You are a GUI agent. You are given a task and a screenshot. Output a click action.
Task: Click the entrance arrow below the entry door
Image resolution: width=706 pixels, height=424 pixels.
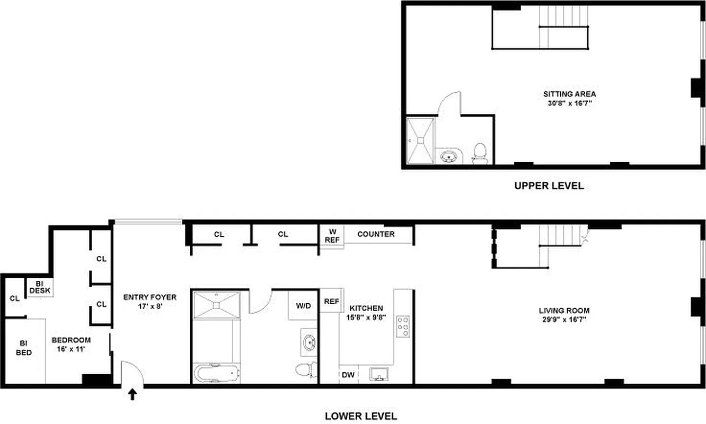[x=133, y=394]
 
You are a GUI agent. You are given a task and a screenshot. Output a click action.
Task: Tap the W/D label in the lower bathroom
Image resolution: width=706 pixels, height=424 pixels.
[x=304, y=305]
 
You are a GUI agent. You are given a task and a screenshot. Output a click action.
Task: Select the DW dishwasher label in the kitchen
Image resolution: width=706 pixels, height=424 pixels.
[x=348, y=375]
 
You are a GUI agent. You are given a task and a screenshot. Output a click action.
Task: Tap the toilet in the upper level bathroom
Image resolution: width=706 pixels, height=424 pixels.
[x=480, y=153]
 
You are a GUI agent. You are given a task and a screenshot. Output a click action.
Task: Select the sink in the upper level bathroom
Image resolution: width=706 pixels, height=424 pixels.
[x=449, y=156]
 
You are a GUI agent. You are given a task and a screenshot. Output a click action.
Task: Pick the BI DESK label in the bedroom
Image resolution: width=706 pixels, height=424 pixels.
[x=39, y=287]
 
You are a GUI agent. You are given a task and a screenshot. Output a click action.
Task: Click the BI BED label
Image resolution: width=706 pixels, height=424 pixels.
[x=23, y=348]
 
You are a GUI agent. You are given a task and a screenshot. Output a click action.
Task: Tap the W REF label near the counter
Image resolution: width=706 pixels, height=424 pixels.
[x=332, y=235]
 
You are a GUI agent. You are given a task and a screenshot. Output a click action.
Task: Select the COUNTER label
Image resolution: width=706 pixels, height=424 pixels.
[x=376, y=234]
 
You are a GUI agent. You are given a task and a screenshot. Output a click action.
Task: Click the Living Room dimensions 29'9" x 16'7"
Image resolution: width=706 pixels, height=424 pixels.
[x=564, y=320]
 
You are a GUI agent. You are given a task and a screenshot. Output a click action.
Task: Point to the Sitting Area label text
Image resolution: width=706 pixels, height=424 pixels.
[x=566, y=94]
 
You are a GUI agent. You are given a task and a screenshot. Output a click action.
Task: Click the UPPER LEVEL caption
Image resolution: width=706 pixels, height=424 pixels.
[x=549, y=186]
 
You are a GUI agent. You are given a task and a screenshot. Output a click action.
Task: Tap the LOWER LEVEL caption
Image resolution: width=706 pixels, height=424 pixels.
[x=361, y=416]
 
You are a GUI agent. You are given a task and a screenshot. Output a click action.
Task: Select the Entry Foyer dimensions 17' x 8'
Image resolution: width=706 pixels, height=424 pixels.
[x=149, y=306]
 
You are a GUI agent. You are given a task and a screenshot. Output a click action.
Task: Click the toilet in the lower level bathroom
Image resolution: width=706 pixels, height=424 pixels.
[x=306, y=369]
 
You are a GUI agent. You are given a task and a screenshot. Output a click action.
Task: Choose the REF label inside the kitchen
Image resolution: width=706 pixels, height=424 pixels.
[x=331, y=302]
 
